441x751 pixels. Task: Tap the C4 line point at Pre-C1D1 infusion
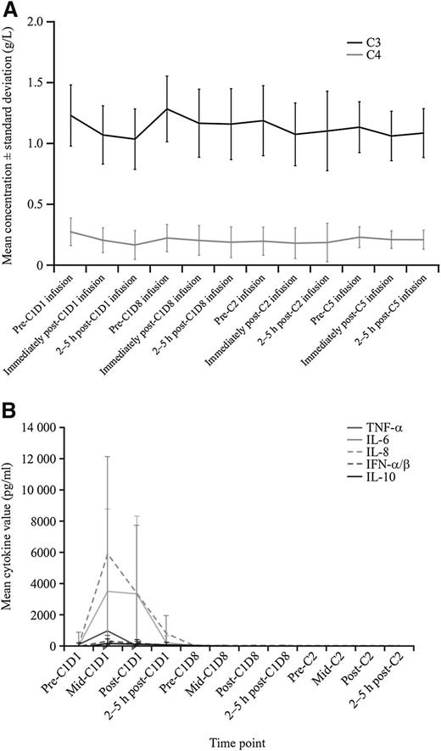pyautogui.click(x=71, y=231)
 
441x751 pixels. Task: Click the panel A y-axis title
pyautogui.click(x=12, y=144)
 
